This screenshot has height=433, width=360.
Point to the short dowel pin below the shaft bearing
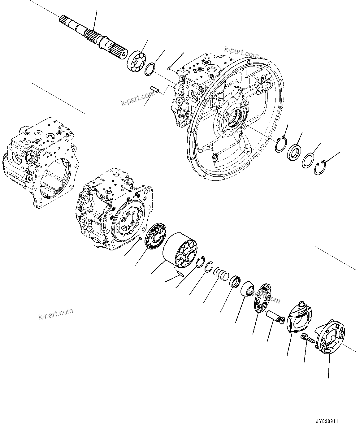(x=155, y=90)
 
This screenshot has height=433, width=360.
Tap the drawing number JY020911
(x=327, y=422)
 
